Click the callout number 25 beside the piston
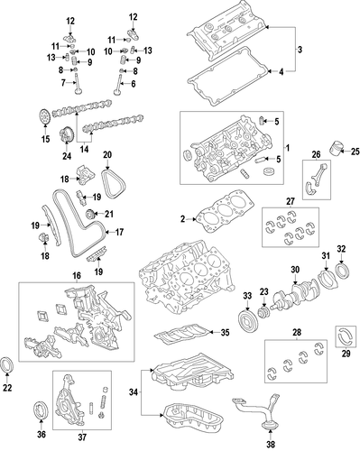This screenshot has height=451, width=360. pyautogui.click(x=355, y=152)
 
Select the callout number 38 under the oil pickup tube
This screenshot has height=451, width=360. pyautogui.click(x=271, y=444)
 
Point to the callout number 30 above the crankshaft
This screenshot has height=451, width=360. pyautogui.click(x=295, y=270)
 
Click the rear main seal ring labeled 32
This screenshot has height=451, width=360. pyautogui.click(x=342, y=271)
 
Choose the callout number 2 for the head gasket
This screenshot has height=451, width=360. pyautogui.click(x=183, y=219)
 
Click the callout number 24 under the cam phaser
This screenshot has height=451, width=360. pyautogui.click(x=67, y=156)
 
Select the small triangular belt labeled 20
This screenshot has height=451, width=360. pyautogui.click(x=114, y=184)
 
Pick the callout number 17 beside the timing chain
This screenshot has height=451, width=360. pyautogui.click(x=119, y=232)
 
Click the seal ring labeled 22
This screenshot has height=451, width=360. pyautogui.click(x=6, y=364)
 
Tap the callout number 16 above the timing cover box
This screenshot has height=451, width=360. pyautogui.click(x=77, y=275)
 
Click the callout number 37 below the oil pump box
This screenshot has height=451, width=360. pyautogui.click(x=82, y=437)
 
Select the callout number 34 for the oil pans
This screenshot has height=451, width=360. pyautogui.click(x=134, y=392)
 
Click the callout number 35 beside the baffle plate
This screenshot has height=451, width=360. pyautogui.click(x=225, y=332)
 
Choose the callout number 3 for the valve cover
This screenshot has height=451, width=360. pyautogui.click(x=300, y=50)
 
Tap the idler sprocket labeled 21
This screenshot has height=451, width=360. pyautogui.click(x=91, y=214)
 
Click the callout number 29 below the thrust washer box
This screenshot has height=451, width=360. pyautogui.click(x=346, y=354)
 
